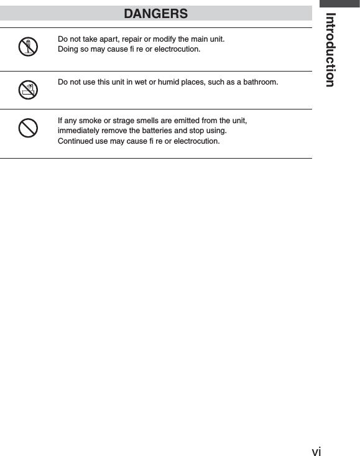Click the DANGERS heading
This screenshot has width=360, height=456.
click(155, 13)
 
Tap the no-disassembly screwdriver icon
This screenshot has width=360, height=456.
click(28, 47)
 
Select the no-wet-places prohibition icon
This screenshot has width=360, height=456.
click(28, 90)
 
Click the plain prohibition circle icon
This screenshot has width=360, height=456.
click(28, 128)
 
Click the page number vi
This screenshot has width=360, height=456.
click(316, 450)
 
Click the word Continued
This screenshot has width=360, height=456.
click(75, 141)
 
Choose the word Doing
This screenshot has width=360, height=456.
click(67, 49)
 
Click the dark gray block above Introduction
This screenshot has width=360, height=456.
click(339, 4)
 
